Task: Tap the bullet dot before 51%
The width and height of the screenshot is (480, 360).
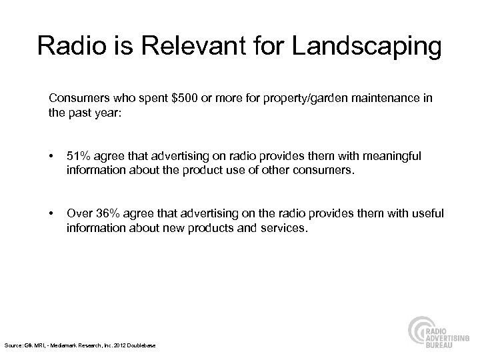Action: click(52, 156)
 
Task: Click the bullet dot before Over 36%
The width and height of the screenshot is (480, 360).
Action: click(52, 213)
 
